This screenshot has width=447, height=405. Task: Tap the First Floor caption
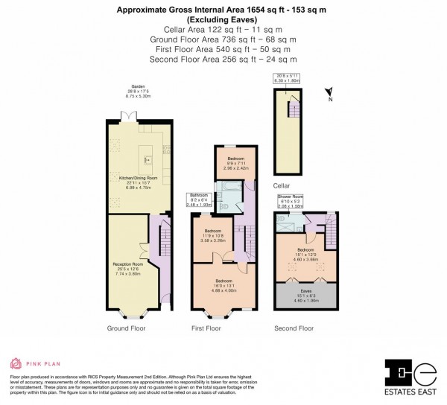206,328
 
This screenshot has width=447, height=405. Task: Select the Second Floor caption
294,328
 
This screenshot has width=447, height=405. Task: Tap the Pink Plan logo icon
16,363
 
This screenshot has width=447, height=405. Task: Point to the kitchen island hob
146,159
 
